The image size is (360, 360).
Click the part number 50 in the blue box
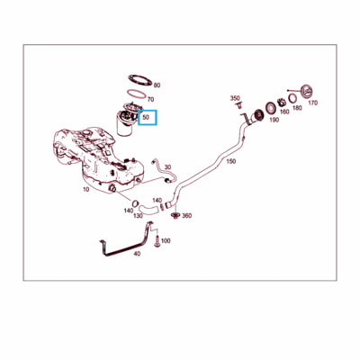(146, 118)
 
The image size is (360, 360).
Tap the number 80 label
(157, 85)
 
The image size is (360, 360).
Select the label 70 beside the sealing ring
(150, 99)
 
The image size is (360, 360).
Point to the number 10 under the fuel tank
(86, 190)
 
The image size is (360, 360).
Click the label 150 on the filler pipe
(230, 161)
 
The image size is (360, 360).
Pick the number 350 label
(235, 98)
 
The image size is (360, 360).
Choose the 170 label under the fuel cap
(312, 103)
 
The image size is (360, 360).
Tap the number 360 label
(187, 216)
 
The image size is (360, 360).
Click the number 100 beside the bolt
(166, 240)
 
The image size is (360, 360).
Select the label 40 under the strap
(137, 254)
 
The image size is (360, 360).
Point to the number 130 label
(138, 216)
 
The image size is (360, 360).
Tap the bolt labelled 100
(157, 241)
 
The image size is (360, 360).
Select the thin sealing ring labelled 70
(137, 94)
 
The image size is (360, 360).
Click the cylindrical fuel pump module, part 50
(126, 122)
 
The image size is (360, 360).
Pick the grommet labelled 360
(175, 215)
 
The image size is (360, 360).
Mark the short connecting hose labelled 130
(149, 208)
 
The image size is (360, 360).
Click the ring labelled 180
(292, 98)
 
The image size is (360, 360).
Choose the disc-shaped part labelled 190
(271, 108)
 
